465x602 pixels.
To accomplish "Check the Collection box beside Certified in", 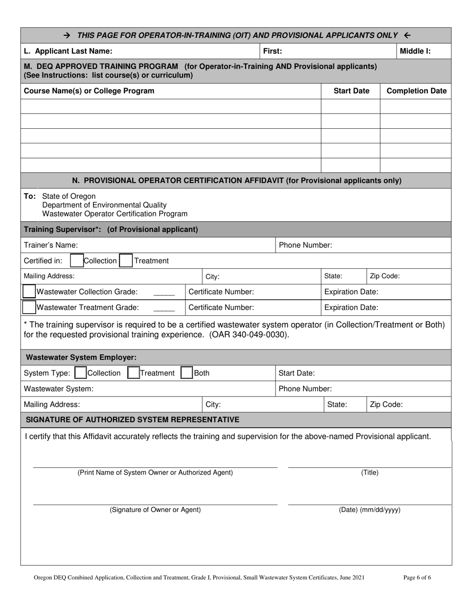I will coord(77,261).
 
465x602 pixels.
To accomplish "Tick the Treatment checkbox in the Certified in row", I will coord(126,261).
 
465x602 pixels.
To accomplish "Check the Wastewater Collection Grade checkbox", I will coord(29,292).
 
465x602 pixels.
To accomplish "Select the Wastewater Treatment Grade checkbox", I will coord(29,307).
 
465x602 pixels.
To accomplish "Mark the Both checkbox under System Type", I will coord(186,373).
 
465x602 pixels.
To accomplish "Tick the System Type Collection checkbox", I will coord(80,373).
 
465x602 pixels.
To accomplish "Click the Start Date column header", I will coord(351,91).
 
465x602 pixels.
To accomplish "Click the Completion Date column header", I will coord(416,91).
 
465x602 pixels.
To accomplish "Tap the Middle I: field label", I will coord(415,50).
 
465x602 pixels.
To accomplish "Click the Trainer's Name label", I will coord(50,245).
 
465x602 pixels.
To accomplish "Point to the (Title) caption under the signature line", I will coord(370,472).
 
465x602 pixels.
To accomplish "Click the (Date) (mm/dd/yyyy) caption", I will coord(370,509).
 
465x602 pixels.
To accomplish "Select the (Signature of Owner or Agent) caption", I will coord(155,509).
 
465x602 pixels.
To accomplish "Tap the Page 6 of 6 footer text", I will coord(417,578).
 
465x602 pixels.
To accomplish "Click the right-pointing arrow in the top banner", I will coord(68,35).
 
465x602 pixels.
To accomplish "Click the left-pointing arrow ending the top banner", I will coord(407,35).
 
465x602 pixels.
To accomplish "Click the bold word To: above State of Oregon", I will coord(30,196).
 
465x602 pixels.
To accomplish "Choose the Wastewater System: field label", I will coord(58,389).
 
